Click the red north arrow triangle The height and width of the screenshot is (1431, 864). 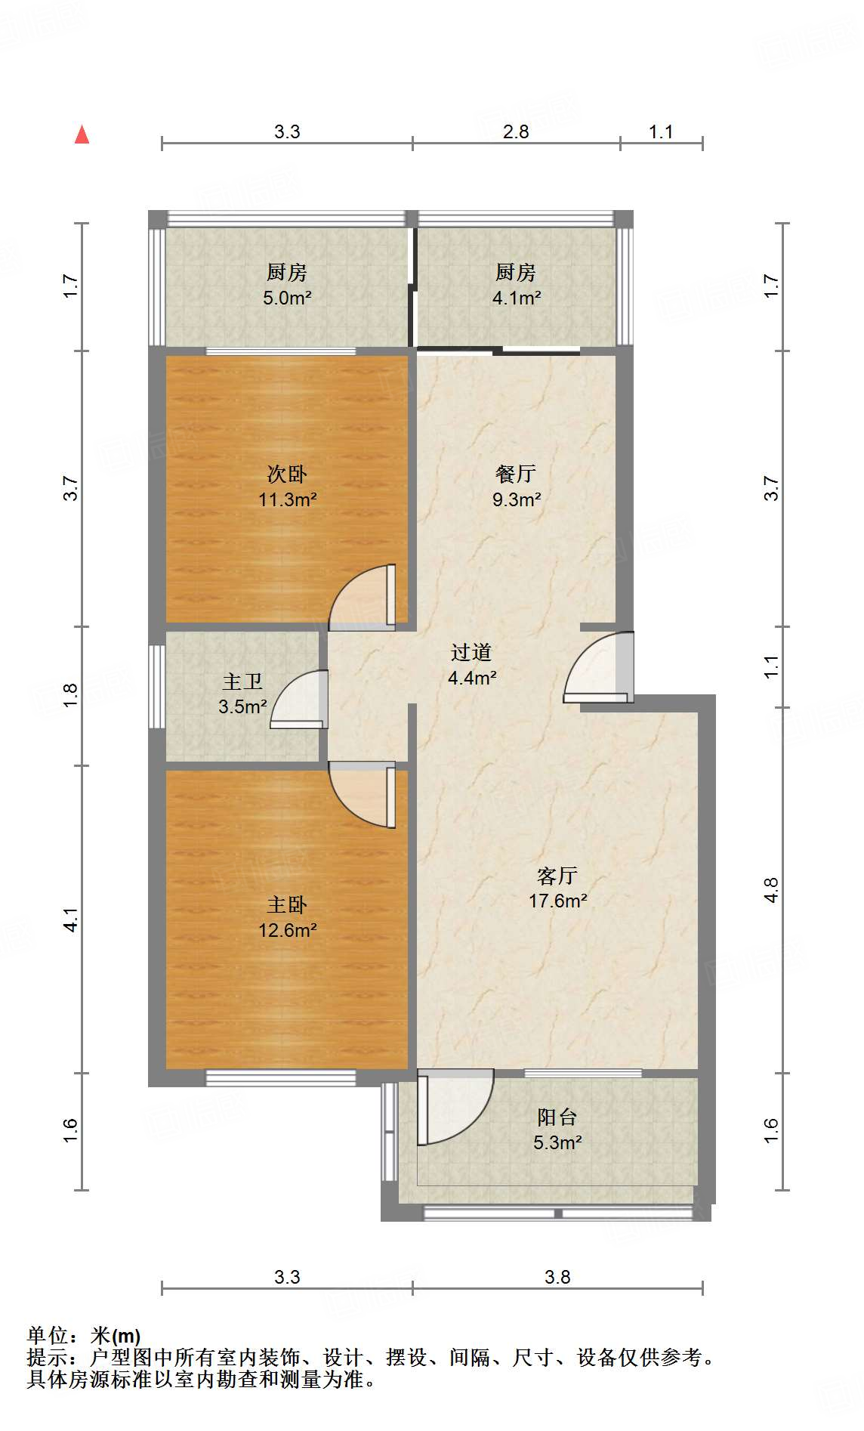pyautogui.click(x=82, y=134)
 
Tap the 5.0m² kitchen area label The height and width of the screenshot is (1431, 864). pyautogui.click(x=287, y=298)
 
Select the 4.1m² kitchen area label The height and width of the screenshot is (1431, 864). pyautogui.click(x=516, y=298)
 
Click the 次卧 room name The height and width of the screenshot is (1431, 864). pyautogui.click(x=287, y=474)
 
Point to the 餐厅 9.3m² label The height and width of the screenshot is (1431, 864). pyautogui.click(x=516, y=486)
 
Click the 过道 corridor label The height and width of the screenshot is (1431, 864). pyautogui.click(x=471, y=652)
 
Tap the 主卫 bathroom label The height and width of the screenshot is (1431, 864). pyautogui.click(x=242, y=682)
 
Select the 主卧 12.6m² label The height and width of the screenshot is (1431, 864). pyautogui.click(x=287, y=917)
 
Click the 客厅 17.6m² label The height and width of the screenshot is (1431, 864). pyautogui.click(x=557, y=888)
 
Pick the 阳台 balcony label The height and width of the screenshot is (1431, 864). pyautogui.click(x=557, y=1117)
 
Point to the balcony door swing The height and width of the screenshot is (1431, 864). pyautogui.click(x=453, y=1107)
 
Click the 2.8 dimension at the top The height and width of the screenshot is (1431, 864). pyautogui.click(x=516, y=131)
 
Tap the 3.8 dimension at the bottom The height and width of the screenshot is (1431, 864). pyautogui.click(x=557, y=1277)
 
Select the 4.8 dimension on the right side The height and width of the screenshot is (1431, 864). pyautogui.click(x=770, y=890)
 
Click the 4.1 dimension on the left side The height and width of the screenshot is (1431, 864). pyautogui.click(x=69, y=919)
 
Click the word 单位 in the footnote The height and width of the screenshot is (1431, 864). pyautogui.click(x=47, y=1336)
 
